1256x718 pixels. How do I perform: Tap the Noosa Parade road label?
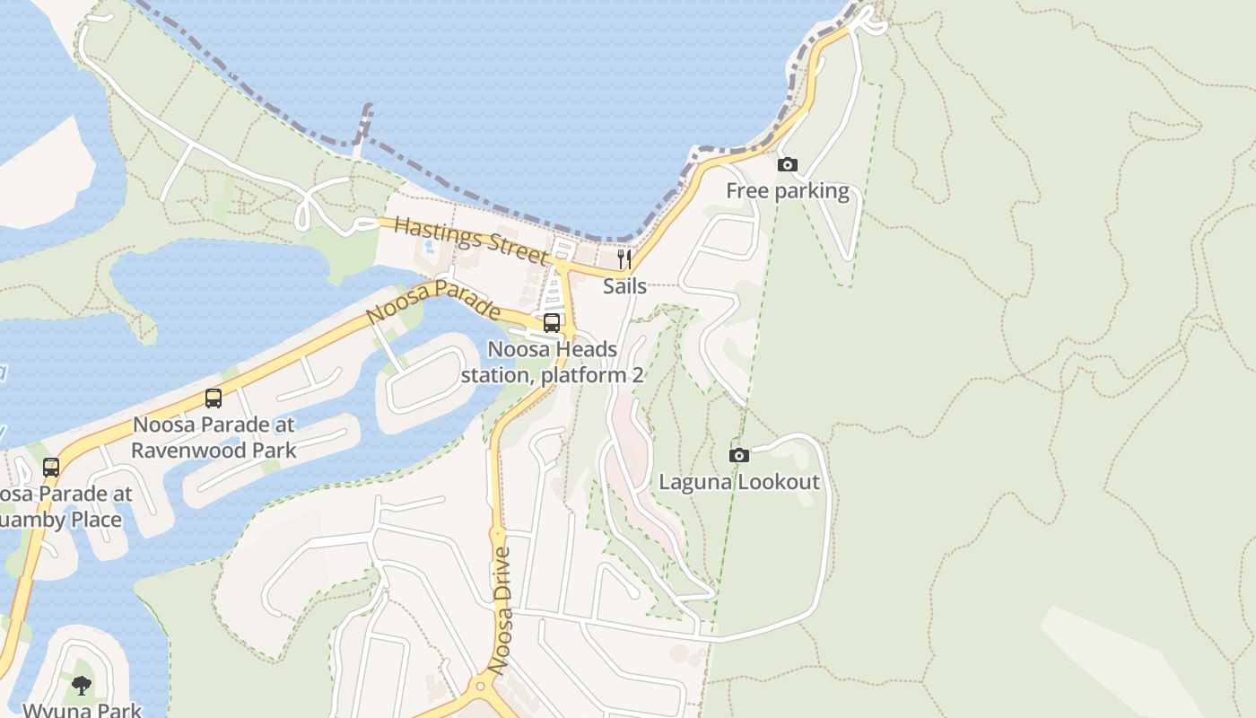point(433,302)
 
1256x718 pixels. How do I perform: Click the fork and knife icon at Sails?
point(624,260)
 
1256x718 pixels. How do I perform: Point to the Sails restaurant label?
point(624,286)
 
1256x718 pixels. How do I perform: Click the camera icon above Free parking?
point(787,165)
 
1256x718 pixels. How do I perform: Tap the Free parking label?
point(787,191)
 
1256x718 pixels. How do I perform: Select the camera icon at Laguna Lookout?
point(738,456)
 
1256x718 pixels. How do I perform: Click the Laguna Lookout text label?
point(739,482)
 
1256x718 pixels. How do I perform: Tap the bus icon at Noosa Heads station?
point(552,323)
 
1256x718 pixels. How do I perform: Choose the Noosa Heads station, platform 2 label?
point(552,362)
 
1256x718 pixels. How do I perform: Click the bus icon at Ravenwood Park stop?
point(214,398)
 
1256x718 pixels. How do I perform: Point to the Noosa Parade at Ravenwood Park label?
point(214,437)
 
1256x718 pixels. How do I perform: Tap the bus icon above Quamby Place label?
point(51,468)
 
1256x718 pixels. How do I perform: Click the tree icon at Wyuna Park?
point(82,687)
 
